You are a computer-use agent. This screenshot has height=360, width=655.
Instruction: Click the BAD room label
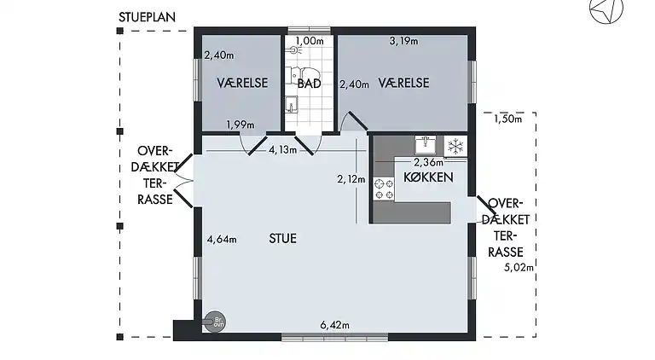click(309, 84)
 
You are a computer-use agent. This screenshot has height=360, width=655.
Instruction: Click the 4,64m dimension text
click(222, 240)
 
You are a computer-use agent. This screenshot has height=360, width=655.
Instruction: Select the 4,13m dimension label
click(282, 150)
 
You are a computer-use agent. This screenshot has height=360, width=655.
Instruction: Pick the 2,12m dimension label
click(351, 179)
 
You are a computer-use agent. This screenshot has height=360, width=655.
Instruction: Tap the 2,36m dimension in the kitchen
click(428, 162)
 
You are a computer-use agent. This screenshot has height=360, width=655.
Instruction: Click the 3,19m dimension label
click(403, 40)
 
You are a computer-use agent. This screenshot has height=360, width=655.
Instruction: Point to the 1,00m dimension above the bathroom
click(310, 40)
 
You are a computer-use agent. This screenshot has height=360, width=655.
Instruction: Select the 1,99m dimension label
click(241, 125)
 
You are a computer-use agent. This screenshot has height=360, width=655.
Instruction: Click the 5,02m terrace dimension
click(519, 268)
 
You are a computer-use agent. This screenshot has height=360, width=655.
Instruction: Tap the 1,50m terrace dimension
click(507, 119)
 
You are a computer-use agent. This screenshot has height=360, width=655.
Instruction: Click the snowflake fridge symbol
click(455, 145)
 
